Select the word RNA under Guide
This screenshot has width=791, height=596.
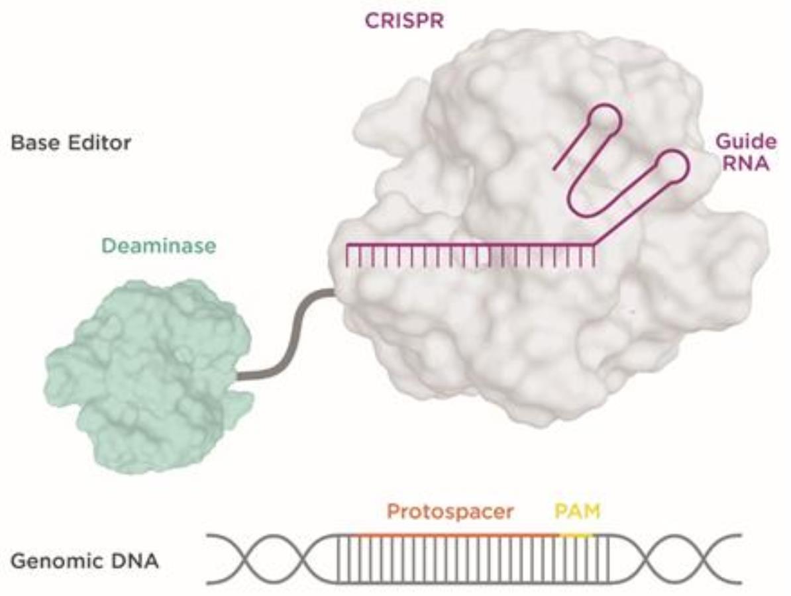coord(745,163)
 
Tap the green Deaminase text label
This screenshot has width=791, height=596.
coord(158,246)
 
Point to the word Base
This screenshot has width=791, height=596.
coord(35,142)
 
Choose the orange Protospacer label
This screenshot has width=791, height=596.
coord(450,511)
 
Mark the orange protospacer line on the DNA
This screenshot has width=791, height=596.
coord(457,534)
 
